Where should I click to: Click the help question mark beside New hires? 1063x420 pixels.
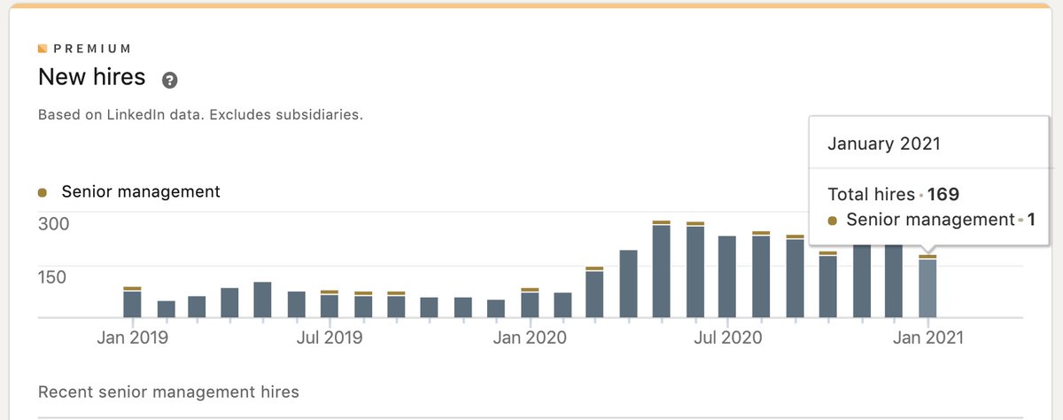tap(170, 80)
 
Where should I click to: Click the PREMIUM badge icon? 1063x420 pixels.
tap(43, 49)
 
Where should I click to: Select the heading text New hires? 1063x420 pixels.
tap(91, 77)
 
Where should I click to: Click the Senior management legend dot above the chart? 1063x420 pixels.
tap(43, 192)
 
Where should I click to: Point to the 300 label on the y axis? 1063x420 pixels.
tap(52, 223)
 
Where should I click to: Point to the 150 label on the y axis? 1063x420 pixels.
tap(51, 276)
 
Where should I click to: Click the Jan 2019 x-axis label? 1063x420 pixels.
tap(133, 338)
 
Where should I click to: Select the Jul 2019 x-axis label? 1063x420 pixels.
tap(330, 338)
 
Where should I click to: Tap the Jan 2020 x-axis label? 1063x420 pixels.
tap(529, 338)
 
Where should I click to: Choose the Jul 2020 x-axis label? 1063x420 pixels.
tap(727, 338)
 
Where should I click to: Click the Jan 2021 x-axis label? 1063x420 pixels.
tap(927, 338)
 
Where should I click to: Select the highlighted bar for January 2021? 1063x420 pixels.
tap(927, 288)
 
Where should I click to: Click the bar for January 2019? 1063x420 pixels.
tap(132, 303)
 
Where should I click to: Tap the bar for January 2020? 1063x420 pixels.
tap(530, 304)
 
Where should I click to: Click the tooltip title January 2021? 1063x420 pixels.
tap(883, 144)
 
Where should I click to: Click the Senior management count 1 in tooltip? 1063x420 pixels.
tap(1031, 220)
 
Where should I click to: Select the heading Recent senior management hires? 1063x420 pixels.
tap(168, 392)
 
